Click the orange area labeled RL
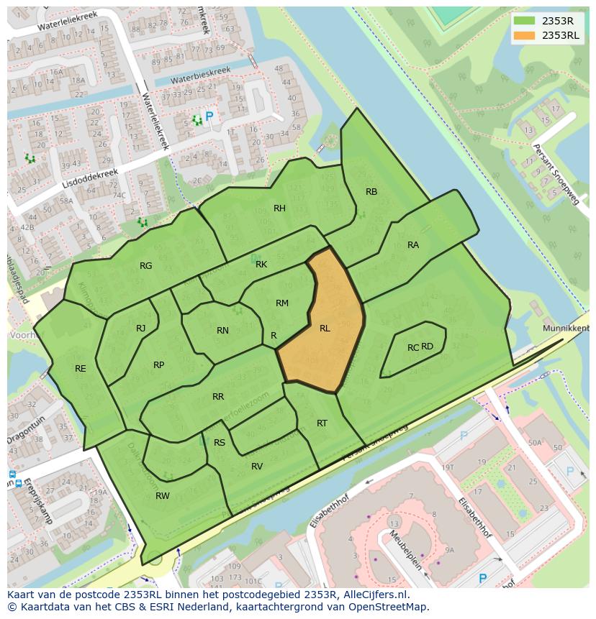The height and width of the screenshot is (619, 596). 325,329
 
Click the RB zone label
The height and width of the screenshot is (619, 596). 371,192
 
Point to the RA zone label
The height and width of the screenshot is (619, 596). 413,245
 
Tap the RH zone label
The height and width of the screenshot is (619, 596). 279,208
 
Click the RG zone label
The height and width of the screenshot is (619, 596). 146,266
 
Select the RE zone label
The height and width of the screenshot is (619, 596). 81,369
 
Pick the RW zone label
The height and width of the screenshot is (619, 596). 163,496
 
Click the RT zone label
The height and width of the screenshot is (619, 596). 322,423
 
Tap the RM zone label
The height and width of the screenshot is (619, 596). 282,303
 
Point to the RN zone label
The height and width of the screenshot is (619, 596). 222,331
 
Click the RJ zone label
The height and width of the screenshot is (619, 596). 141,329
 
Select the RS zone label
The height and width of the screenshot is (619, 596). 220,443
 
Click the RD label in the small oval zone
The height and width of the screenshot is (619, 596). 428,347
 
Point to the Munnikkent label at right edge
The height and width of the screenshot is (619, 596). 566,328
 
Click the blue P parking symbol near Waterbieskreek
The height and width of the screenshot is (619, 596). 209,116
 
